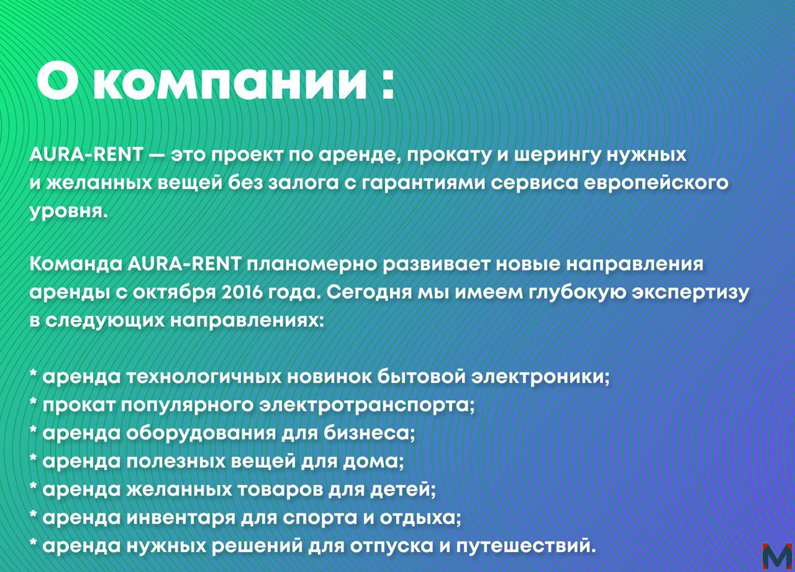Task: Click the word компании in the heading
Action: tap(230, 83)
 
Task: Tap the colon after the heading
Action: tap(388, 83)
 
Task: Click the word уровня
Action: tap(68, 213)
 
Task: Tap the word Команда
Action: tap(76, 265)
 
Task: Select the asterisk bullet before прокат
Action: tap(34, 401)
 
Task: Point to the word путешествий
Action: tap(526, 546)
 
